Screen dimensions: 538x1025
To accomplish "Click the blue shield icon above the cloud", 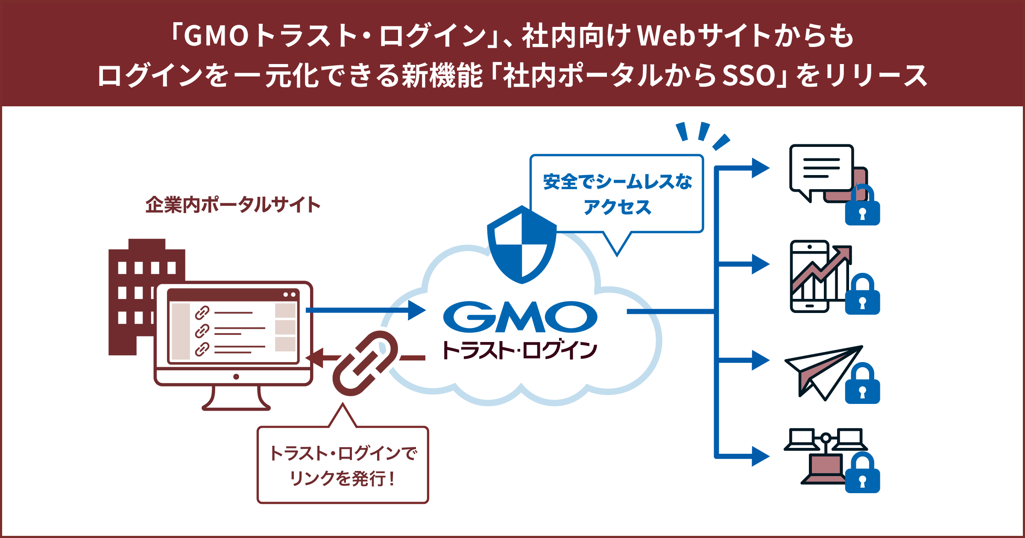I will point(521,246).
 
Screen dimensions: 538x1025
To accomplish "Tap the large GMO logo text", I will point(520,317).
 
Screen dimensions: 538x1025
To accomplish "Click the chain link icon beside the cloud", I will point(365,363).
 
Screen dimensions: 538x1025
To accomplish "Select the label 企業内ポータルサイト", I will point(233,205).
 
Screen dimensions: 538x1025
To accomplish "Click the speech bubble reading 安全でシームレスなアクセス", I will point(617,194).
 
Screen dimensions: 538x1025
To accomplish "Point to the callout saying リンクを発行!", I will point(343,465).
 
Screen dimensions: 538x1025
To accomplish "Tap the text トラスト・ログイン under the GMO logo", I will point(520,351).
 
